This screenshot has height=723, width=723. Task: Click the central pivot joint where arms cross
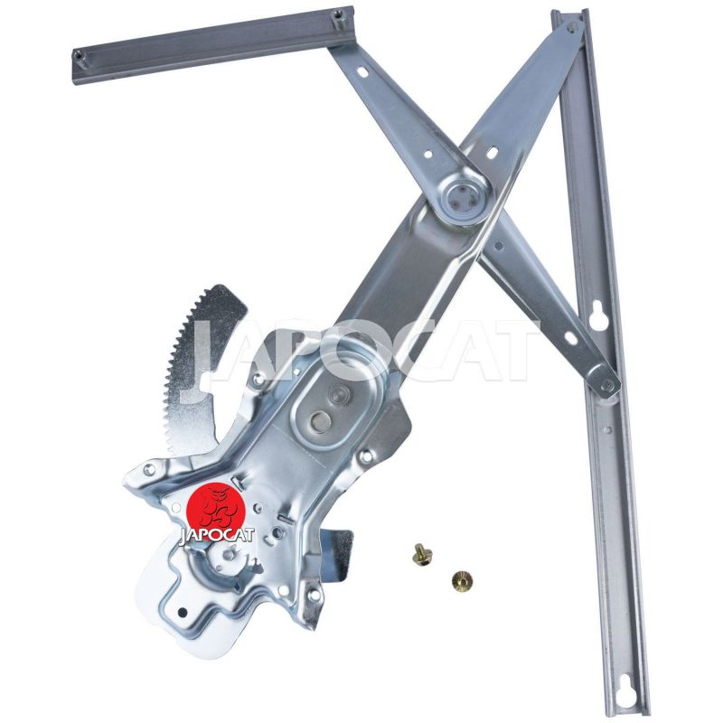coord(463,195)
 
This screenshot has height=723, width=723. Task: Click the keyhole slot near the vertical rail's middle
coord(599,315)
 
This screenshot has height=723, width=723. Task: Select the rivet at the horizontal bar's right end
coord(338,15)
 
